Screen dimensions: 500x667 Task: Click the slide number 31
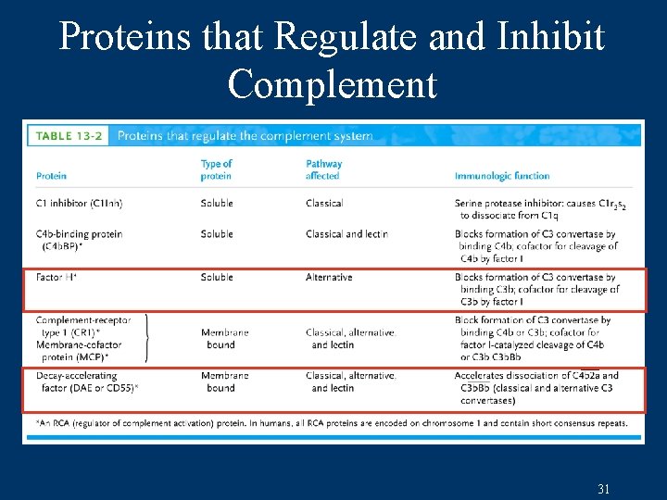coord(603,489)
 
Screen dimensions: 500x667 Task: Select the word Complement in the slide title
coord(332,84)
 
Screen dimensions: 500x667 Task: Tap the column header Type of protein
coord(217,169)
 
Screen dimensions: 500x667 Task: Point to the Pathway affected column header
coord(323,169)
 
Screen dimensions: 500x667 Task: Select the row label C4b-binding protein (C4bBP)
coord(79,240)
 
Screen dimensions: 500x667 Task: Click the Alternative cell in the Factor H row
coord(329,277)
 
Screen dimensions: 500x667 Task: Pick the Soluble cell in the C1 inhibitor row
coord(217,203)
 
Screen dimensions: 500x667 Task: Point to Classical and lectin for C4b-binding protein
coord(346,234)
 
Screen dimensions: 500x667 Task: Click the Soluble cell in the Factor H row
coord(217,277)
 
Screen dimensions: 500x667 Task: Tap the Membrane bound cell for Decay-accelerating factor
coord(224,381)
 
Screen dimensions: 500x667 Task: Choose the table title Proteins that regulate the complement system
coord(245,136)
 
